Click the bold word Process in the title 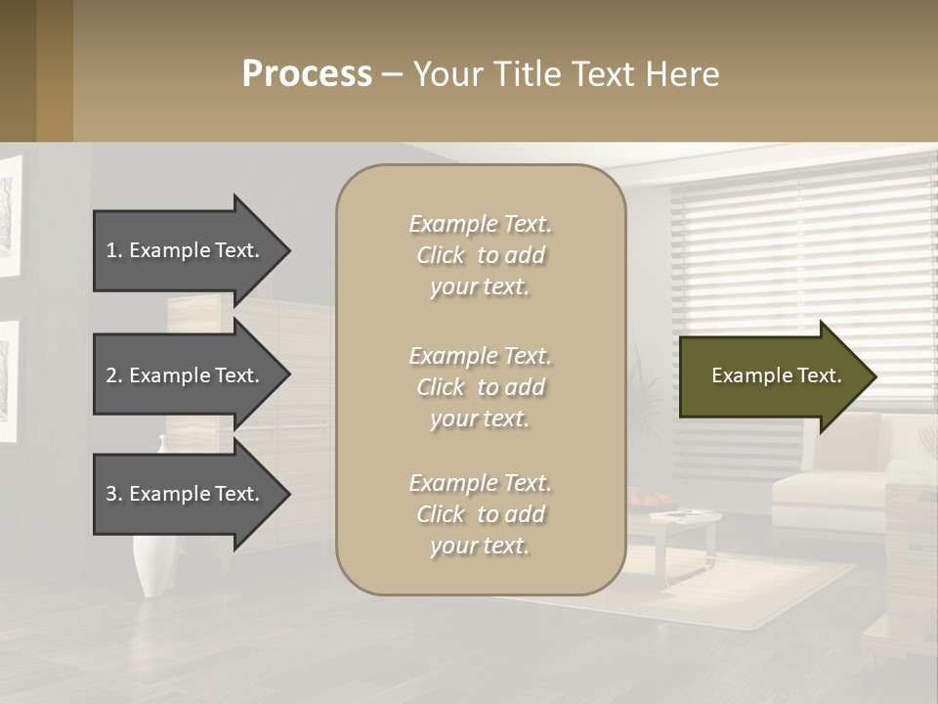(307, 74)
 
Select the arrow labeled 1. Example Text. (186, 250)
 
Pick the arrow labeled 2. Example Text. (186, 375)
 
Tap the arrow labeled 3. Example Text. (186, 494)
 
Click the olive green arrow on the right (772, 375)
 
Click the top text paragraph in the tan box (480, 255)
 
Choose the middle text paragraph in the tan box (480, 387)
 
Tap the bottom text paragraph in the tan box (480, 514)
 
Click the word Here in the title (684, 74)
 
